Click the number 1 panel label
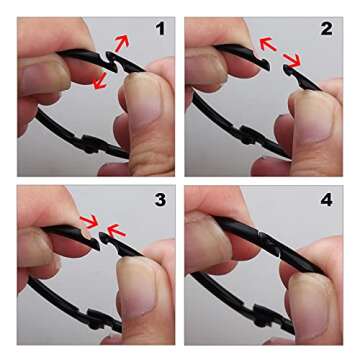160,29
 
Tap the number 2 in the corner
326,29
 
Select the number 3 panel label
160,200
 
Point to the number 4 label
326,200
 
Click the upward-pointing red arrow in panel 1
122,43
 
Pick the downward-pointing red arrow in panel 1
100,81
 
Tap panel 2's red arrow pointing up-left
268,44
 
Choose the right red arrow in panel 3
116,229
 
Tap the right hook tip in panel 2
287,69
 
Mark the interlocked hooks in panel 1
112,62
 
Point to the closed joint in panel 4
267,241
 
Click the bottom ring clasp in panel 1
91,143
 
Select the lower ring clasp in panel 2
248,134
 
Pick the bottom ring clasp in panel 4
263,315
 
